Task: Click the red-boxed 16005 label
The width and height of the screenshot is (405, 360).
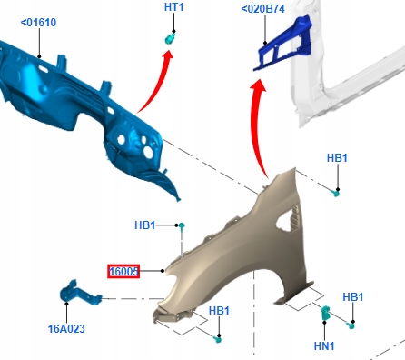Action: tap(123, 271)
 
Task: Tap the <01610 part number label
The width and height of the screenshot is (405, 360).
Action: tap(38, 23)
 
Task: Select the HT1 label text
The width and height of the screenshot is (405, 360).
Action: tap(173, 7)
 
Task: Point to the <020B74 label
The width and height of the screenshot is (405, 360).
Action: tap(262, 9)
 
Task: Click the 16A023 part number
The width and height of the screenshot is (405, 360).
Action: tap(66, 328)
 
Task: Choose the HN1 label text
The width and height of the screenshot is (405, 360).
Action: tap(324, 345)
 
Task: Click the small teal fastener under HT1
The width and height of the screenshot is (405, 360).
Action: tap(170, 38)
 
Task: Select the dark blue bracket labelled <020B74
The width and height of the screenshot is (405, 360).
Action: tap(283, 43)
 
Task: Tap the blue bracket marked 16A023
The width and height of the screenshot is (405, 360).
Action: tap(79, 294)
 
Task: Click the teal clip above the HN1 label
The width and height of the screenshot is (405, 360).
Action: tap(325, 313)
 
